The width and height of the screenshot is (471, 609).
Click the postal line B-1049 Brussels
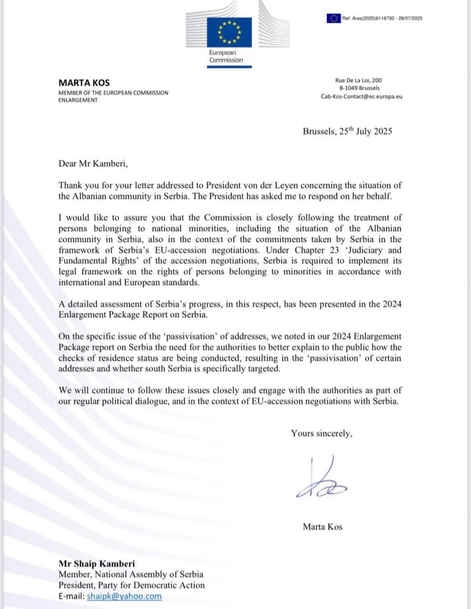point(364,88)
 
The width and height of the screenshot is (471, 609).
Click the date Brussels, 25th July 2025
point(348,131)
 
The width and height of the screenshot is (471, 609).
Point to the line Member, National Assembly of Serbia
point(131,574)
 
